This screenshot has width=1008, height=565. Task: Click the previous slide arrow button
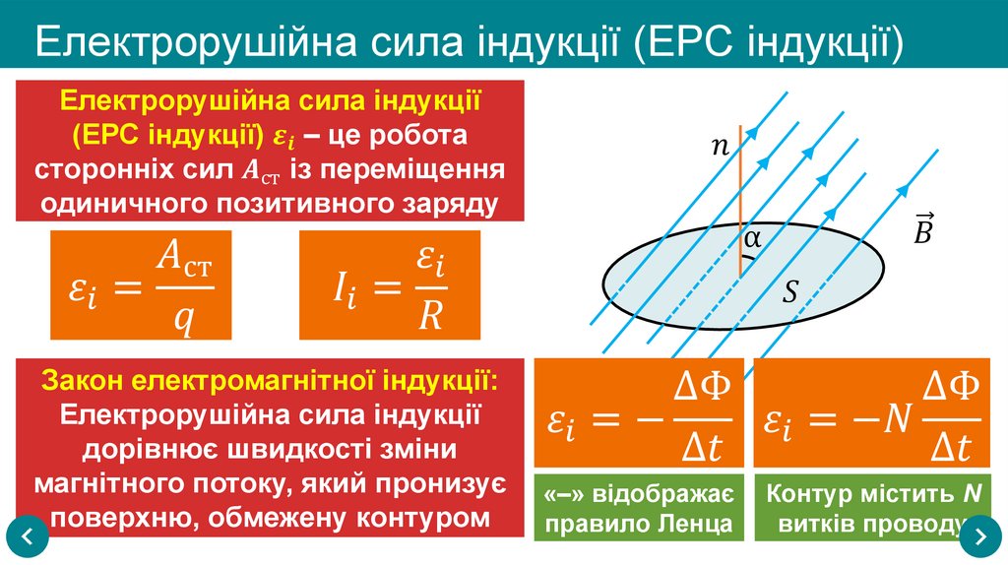[28, 537]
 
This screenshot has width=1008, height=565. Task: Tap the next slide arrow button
[979, 537]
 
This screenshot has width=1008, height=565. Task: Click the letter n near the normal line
[721, 148]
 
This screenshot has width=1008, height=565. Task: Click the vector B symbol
[923, 228]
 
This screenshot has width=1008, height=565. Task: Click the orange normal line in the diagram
[739, 197]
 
